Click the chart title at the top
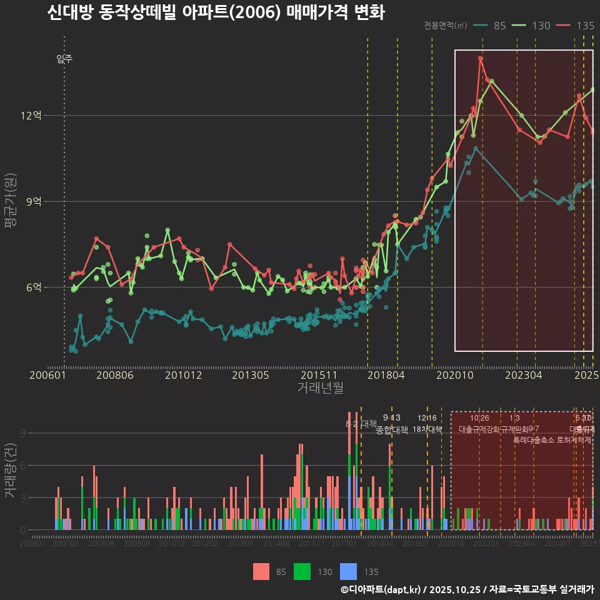point(216,12)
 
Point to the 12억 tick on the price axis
point(31,116)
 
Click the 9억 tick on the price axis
point(34,202)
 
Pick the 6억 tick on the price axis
point(34,287)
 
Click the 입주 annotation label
point(64,59)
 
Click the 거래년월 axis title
point(320,388)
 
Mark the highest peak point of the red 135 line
point(480,58)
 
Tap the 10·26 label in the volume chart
point(479,418)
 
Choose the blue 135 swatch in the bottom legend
point(349,571)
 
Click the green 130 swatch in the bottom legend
point(302,571)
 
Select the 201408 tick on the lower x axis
point(276,544)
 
